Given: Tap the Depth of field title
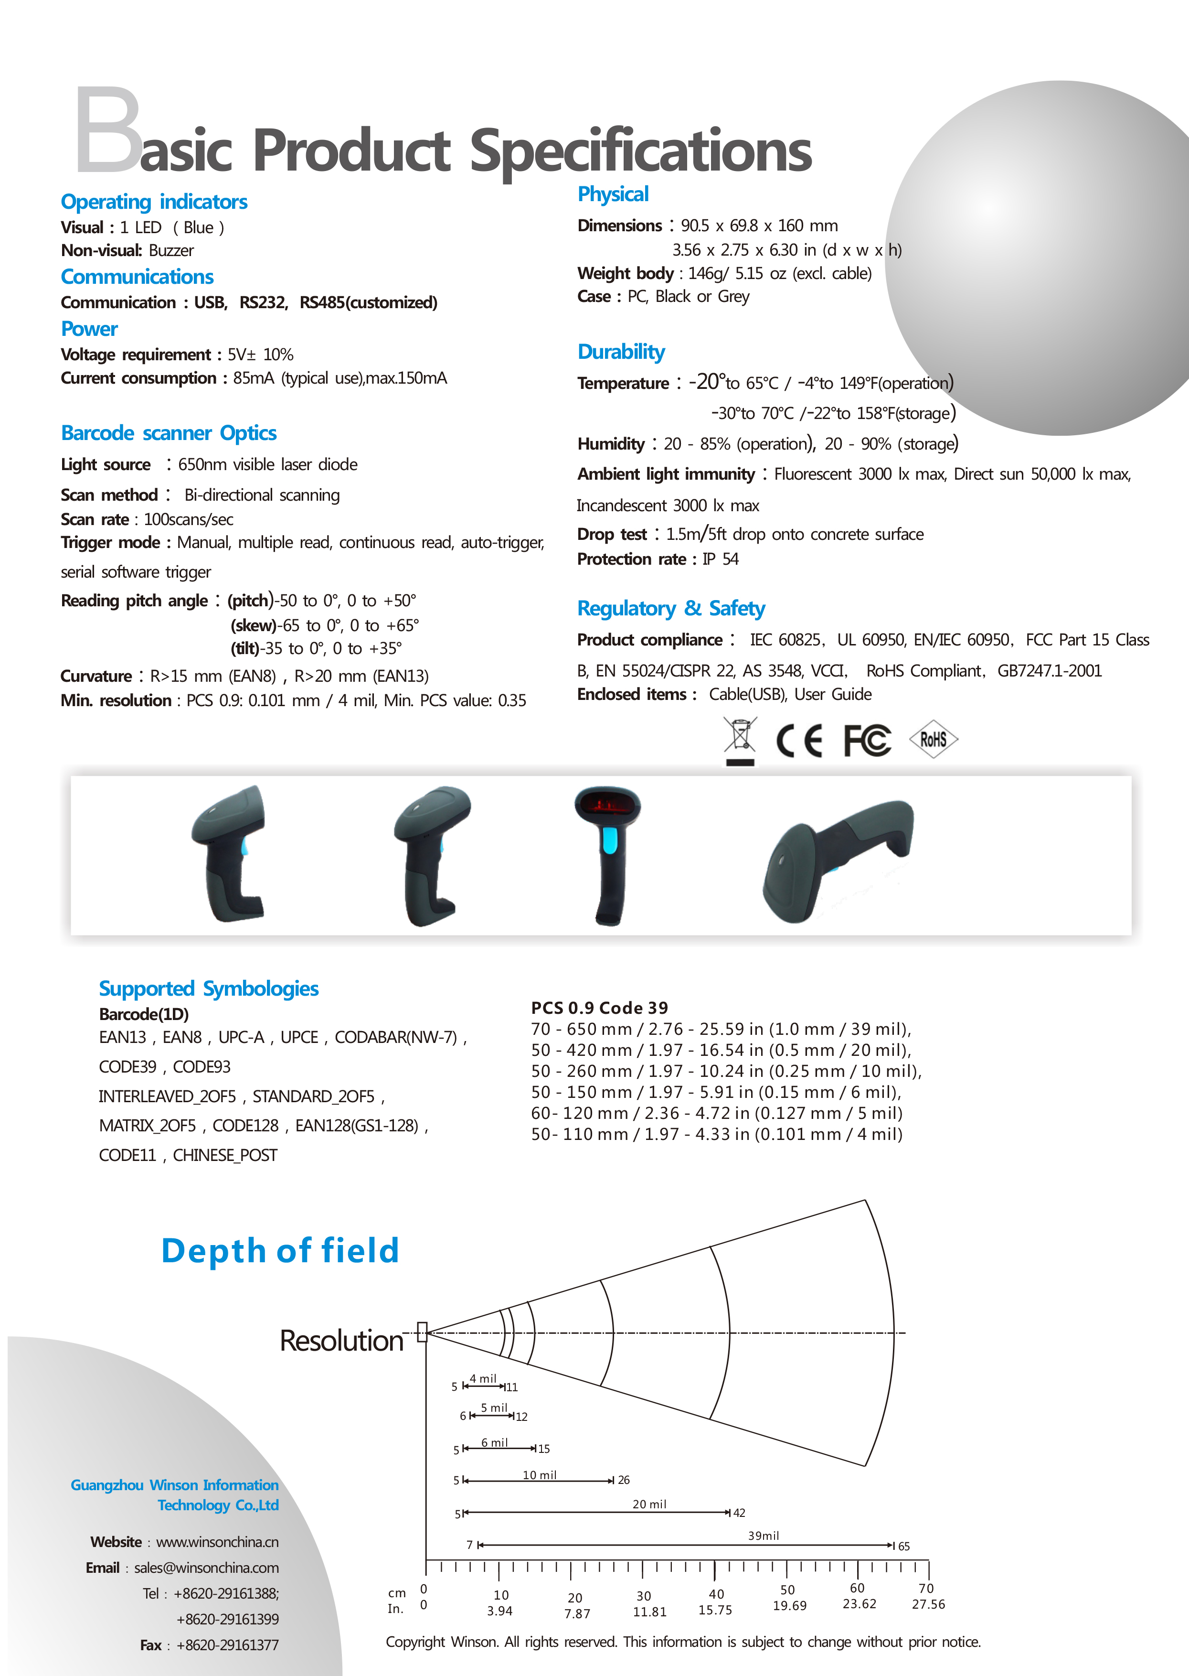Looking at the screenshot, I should pos(280,1250).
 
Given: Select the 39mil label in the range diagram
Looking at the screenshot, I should pos(763,1536).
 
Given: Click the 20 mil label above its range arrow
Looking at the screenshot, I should pos(649,1504).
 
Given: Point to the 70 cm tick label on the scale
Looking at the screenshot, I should pos(926,1588).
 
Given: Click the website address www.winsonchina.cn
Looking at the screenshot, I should pos(217,1542).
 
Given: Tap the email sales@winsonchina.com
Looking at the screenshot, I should pos(206,1568).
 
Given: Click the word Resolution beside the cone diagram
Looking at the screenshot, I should pos(341,1341).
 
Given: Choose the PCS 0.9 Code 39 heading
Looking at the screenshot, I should pos(600,1008).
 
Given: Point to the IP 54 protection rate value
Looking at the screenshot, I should pos(721,559).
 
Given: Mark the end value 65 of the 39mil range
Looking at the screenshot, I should pos(904,1547).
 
